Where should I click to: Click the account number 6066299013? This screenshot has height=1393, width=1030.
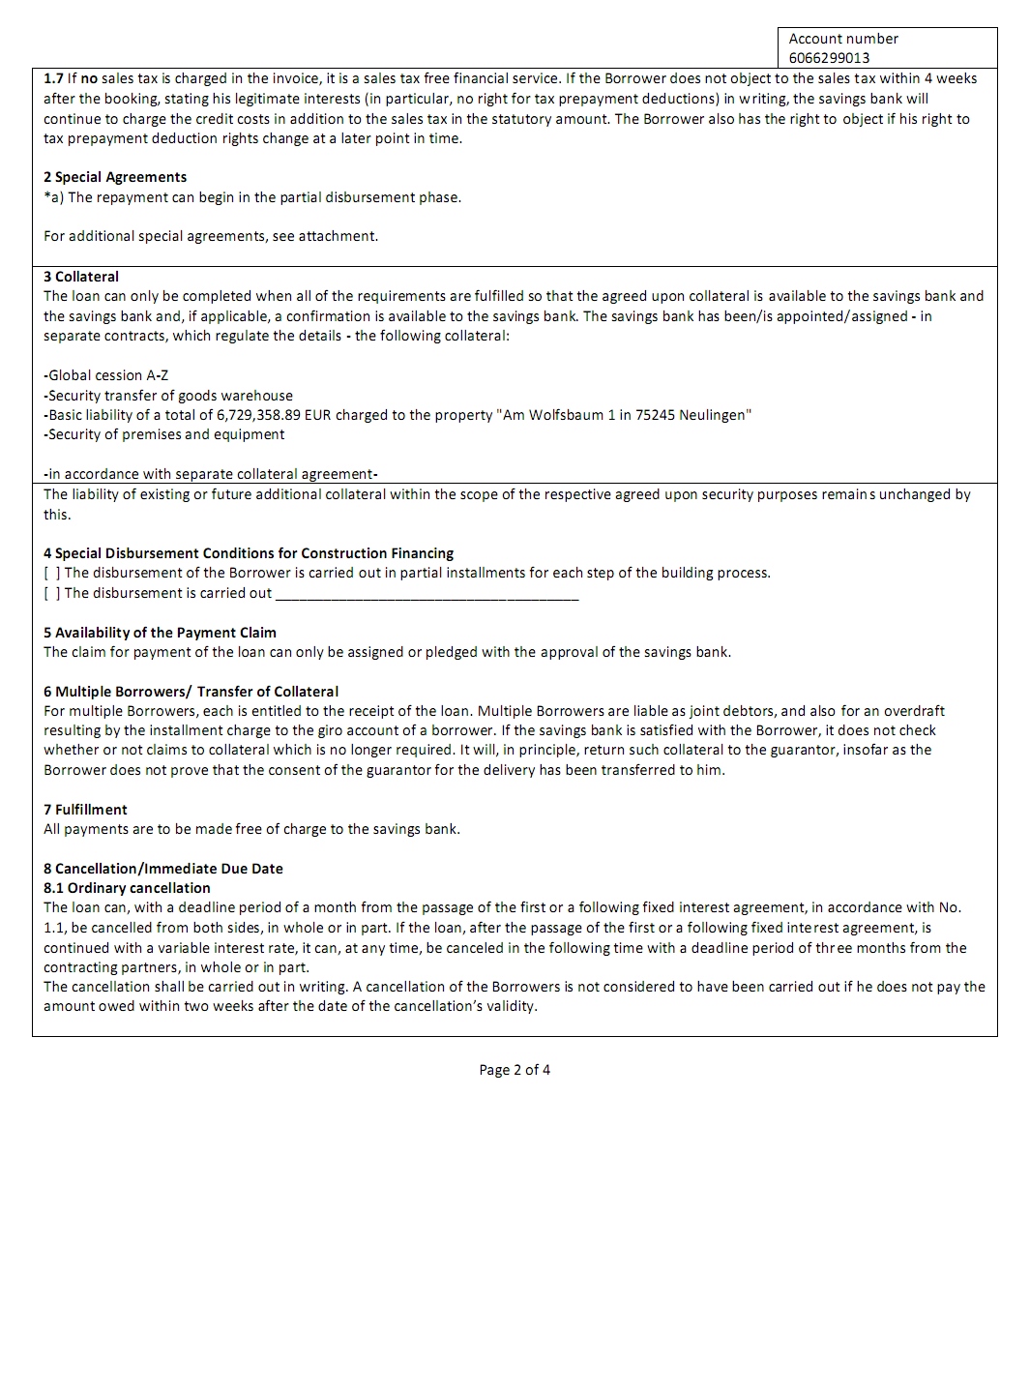pyautogui.click(x=829, y=57)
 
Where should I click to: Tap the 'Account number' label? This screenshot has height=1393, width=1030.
pyautogui.click(x=843, y=39)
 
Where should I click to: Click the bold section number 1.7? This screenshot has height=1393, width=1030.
pyautogui.click(x=53, y=78)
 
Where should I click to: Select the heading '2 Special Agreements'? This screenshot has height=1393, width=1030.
pyautogui.click(x=115, y=177)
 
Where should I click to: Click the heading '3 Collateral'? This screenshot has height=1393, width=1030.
pyautogui.click(x=81, y=277)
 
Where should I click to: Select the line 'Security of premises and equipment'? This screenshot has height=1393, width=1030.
pyautogui.click(x=164, y=434)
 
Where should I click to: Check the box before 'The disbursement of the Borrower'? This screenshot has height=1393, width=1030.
pyautogui.click(x=51, y=573)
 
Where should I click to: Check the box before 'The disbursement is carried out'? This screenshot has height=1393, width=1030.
pyautogui.click(x=51, y=593)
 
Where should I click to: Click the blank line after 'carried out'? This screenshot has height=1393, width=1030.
pyautogui.click(x=427, y=595)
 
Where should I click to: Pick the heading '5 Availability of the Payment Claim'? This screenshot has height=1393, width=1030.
pyautogui.click(x=160, y=633)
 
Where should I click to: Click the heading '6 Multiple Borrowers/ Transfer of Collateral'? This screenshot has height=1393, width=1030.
pyautogui.click(x=191, y=692)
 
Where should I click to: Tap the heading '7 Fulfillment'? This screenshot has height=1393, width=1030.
pyautogui.click(x=85, y=810)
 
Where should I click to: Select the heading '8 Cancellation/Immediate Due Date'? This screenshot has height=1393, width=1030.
pyautogui.click(x=163, y=869)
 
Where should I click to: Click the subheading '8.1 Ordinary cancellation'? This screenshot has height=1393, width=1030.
pyautogui.click(x=127, y=888)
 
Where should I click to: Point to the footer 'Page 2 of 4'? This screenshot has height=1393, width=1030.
pyautogui.click(x=515, y=1070)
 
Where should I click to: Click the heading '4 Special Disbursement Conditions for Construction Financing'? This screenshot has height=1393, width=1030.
pyautogui.click(x=249, y=553)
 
